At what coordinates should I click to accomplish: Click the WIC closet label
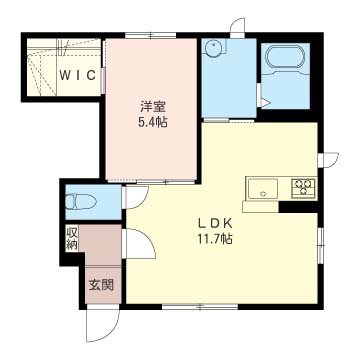[78, 76]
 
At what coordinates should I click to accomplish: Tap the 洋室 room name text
[152, 107]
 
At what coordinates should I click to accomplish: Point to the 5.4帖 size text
[153, 123]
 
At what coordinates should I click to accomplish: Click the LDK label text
[215, 224]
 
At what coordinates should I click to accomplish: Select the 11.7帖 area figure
[215, 239]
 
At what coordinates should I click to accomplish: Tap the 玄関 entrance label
[101, 285]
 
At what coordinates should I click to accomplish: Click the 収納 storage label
[71, 238]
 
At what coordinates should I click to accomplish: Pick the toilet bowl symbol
[81, 202]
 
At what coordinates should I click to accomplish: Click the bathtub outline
[285, 59]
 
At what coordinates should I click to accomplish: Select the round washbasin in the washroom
[212, 49]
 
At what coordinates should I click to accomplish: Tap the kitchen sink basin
[263, 188]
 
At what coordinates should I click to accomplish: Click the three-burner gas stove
[303, 188]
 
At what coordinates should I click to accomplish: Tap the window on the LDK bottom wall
[200, 307]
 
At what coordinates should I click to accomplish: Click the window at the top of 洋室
[151, 35]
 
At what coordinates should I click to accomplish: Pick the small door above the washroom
[237, 28]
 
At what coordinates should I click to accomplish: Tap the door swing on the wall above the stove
[328, 160]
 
